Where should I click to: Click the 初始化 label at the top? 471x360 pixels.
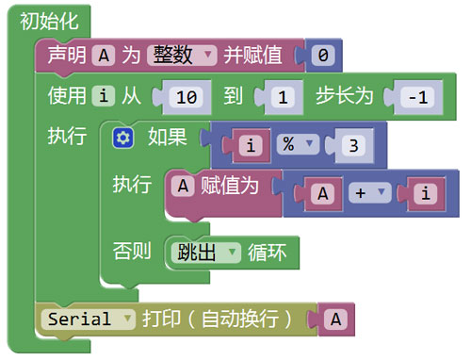click(49, 22)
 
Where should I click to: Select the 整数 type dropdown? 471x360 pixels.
click(182, 56)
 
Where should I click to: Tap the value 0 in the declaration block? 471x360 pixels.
click(323, 56)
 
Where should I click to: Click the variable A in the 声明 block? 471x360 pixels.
click(104, 56)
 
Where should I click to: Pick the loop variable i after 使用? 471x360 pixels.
click(104, 96)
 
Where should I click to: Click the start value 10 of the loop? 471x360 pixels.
click(187, 97)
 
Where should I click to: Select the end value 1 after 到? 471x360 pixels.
click(283, 97)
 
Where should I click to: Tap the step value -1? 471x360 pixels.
click(418, 97)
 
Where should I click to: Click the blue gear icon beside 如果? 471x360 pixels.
click(122, 138)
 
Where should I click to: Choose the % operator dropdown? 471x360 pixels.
click(298, 144)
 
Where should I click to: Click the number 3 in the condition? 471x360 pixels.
click(354, 145)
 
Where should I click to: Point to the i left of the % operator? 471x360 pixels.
click(251, 145)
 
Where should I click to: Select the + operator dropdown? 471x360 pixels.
click(370, 192)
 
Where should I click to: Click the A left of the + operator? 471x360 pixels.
click(322, 193)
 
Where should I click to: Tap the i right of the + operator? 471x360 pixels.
click(426, 193)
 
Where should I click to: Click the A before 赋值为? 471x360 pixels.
click(183, 186)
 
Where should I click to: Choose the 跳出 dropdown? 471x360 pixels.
click(206, 253)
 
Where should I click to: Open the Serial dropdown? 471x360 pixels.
click(88, 319)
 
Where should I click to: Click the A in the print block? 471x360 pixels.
click(335, 319)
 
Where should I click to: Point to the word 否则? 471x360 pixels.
click(132, 251)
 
